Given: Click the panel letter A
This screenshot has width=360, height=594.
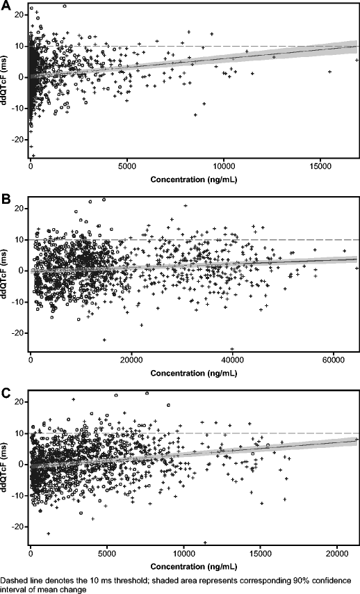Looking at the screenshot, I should (6, 6).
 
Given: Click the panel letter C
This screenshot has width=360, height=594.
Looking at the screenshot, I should (6, 393).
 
